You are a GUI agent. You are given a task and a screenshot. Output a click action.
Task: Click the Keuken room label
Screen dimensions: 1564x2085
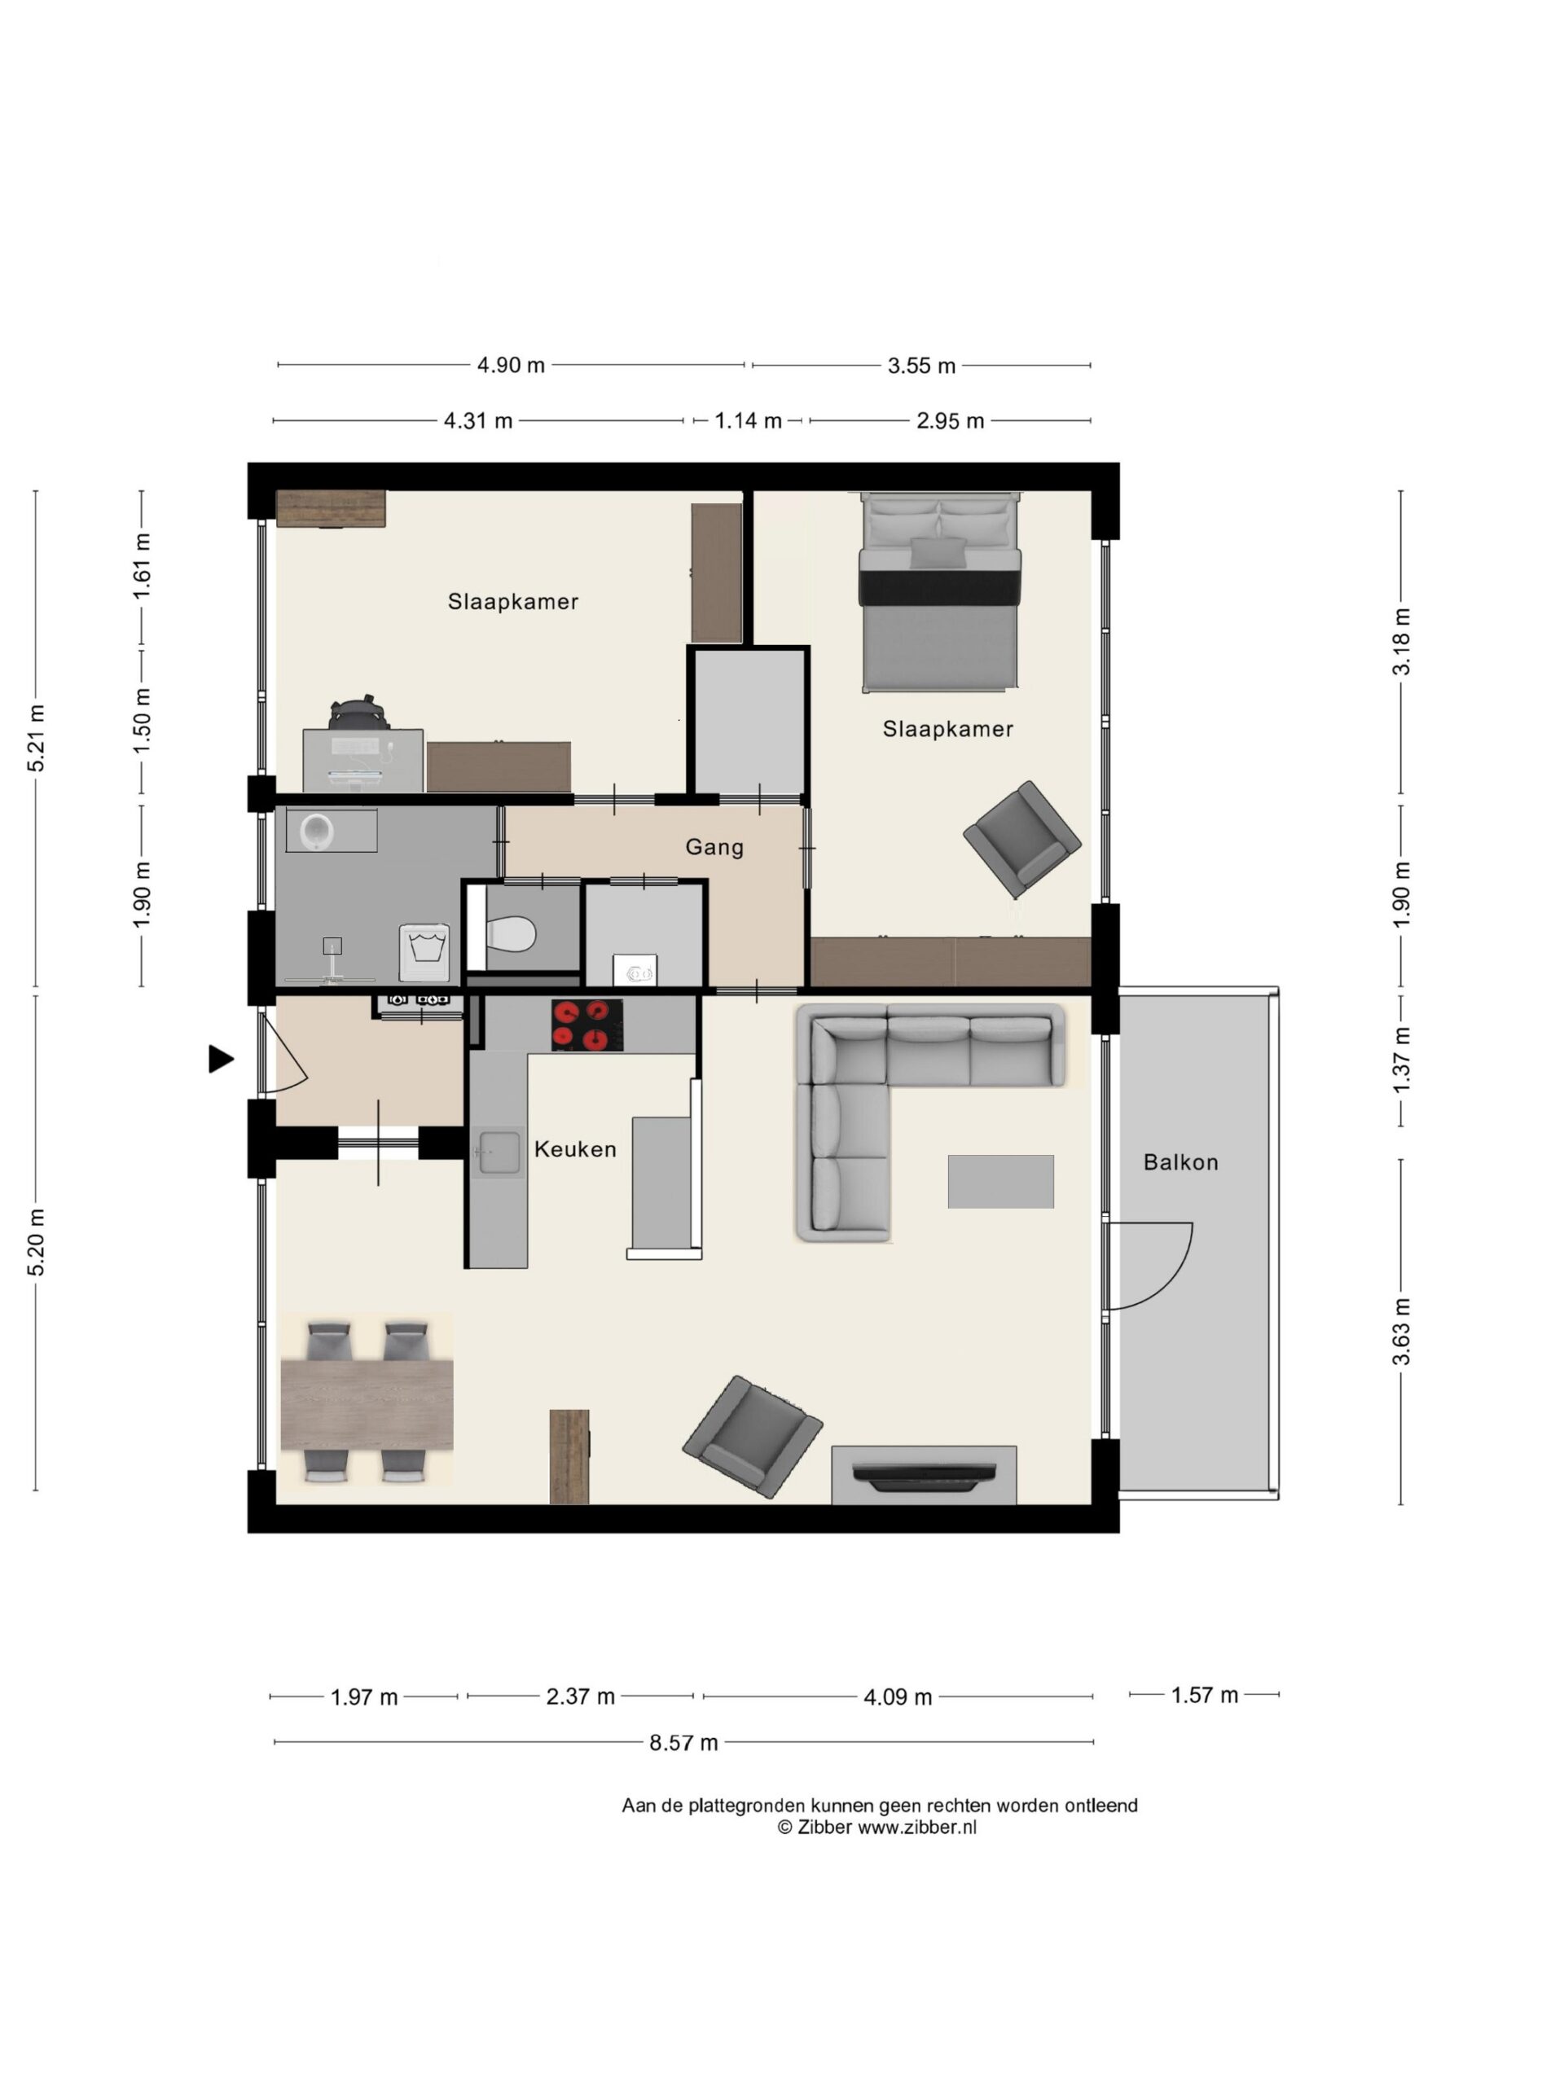pyautogui.click(x=575, y=1149)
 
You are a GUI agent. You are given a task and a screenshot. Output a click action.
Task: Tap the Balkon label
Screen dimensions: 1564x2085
pyautogui.click(x=1180, y=1162)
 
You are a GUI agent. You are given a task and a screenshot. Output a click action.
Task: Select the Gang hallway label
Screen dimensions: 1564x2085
pyautogui.click(x=714, y=847)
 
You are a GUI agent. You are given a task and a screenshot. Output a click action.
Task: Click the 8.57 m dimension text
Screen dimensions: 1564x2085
pyautogui.click(x=683, y=1743)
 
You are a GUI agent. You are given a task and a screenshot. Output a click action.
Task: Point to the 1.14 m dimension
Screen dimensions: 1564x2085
pyautogui.click(x=748, y=420)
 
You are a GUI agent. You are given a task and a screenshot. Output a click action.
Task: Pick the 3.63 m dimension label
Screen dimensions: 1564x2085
pyautogui.click(x=1402, y=1331)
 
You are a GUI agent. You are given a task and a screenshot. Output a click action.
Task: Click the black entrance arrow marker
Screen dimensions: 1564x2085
pyautogui.click(x=221, y=1060)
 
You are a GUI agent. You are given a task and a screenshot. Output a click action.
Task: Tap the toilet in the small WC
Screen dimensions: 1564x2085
pyautogui.click(x=511, y=934)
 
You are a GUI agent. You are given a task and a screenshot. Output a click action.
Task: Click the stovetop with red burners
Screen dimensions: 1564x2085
pyautogui.click(x=586, y=1025)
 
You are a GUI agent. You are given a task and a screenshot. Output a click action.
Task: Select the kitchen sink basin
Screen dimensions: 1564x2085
pyautogui.click(x=497, y=1152)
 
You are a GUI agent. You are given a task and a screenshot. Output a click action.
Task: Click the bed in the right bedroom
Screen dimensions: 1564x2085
pyautogui.click(x=939, y=591)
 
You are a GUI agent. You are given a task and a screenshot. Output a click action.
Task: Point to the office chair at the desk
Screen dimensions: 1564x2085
pyautogui.click(x=359, y=714)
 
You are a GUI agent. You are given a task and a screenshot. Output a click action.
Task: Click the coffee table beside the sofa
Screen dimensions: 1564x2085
pyautogui.click(x=1000, y=1181)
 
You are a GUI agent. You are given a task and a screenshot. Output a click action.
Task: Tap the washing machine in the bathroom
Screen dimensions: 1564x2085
pyautogui.click(x=424, y=952)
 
